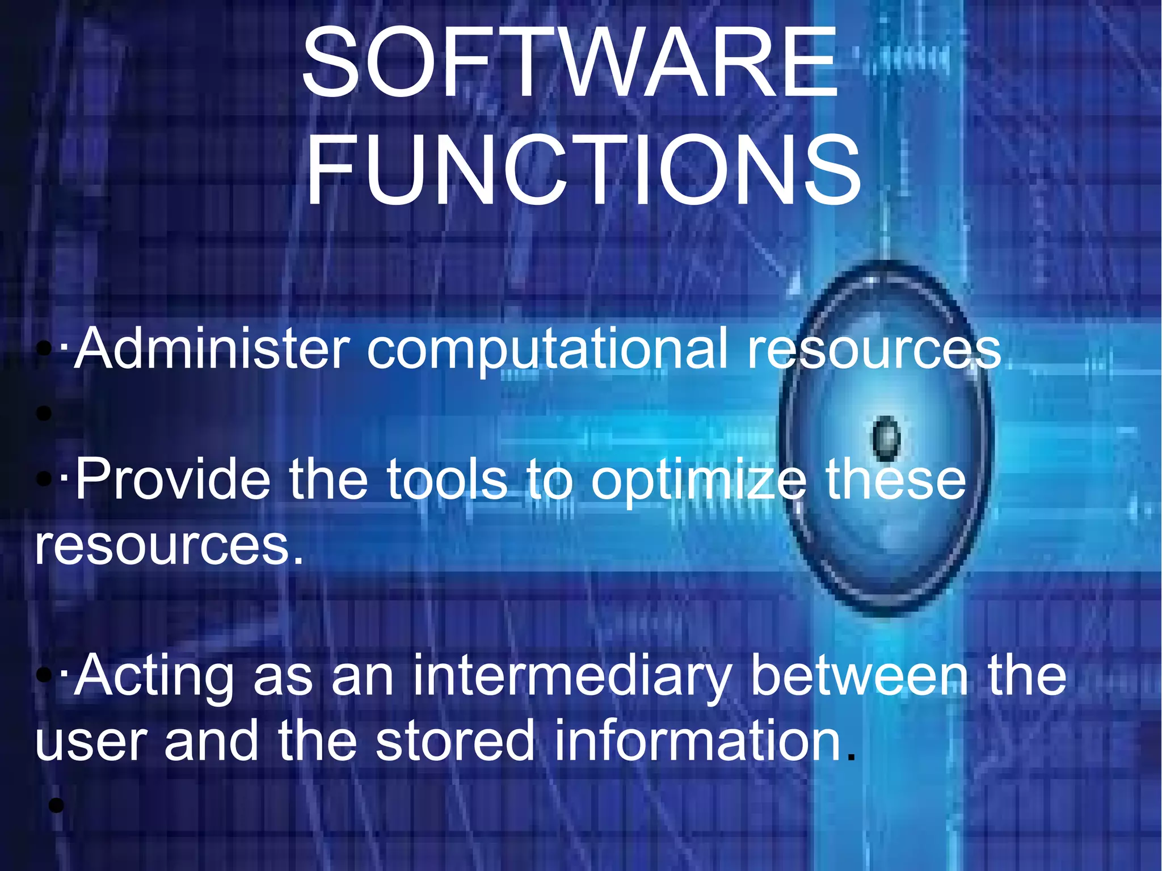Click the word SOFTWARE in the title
click(570, 64)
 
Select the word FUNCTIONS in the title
click(583, 169)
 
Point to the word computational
click(548, 351)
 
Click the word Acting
click(154, 675)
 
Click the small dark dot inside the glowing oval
click(886, 438)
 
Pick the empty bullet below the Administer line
click(44, 414)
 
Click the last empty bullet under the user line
click(56, 805)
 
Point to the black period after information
click(849, 757)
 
